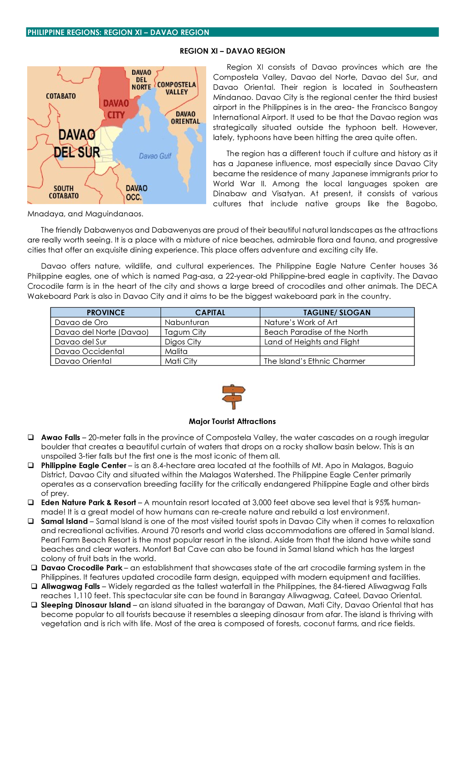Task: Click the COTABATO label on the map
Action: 61,96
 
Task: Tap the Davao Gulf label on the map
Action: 155,156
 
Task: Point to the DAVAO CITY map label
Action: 116,109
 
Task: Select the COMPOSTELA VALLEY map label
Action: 176,88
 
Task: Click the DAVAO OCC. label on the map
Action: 136,192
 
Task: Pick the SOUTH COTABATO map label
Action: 64,192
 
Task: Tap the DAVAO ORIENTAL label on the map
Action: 185,118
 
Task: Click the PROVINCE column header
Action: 105,312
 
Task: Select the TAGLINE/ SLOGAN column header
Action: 337,312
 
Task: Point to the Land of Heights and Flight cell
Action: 312,341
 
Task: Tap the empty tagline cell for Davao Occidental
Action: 337,351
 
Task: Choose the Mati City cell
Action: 181,361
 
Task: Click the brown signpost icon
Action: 233,396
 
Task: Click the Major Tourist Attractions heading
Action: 232,421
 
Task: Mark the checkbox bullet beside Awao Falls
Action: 30,437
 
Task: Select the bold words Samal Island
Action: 64,521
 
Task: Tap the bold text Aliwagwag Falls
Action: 71,586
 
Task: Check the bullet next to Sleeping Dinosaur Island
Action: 34,605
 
